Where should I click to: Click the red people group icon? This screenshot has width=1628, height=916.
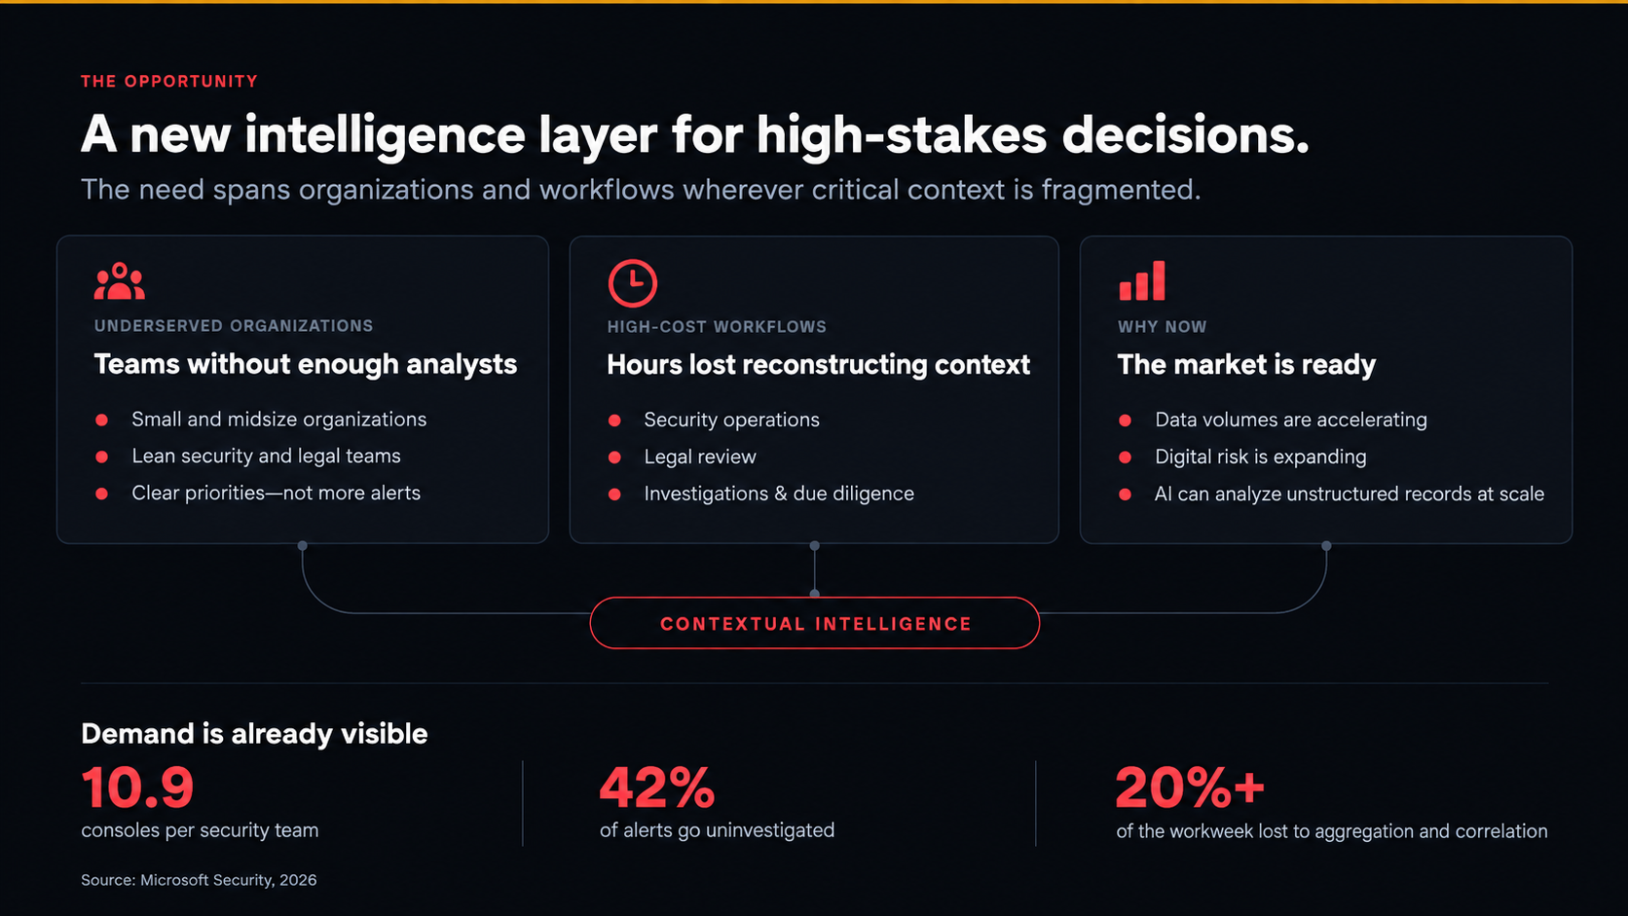[119, 281]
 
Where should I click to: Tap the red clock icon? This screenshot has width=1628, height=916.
[632, 282]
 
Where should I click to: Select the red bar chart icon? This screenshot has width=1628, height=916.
[1142, 280]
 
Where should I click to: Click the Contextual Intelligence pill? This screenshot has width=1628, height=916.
[815, 623]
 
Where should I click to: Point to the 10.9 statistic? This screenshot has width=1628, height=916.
[138, 788]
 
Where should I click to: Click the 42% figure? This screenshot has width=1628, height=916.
[657, 788]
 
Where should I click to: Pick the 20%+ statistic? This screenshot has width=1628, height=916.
[1190, 788]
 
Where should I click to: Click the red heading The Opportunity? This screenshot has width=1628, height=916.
[169, 82]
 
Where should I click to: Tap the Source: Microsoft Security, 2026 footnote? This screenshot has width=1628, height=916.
[199, 880]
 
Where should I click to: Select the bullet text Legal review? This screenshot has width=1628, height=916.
[700, 457]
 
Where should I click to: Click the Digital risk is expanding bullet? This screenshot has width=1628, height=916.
[1260, 457]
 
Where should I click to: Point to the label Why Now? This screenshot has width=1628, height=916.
[1163, 327]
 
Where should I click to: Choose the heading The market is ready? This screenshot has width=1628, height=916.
[1246, 365]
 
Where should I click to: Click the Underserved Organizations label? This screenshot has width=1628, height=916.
[234, 325]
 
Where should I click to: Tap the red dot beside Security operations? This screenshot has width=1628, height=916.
[614, 421]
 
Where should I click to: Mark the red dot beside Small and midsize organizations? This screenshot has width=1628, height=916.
[101, 420]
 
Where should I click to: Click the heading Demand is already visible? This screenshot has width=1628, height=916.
[254, 734]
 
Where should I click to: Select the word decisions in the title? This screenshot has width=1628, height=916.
[1185, 135]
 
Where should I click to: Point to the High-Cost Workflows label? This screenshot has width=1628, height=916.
[717, 327]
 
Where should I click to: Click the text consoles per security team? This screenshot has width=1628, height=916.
[200, 830]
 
